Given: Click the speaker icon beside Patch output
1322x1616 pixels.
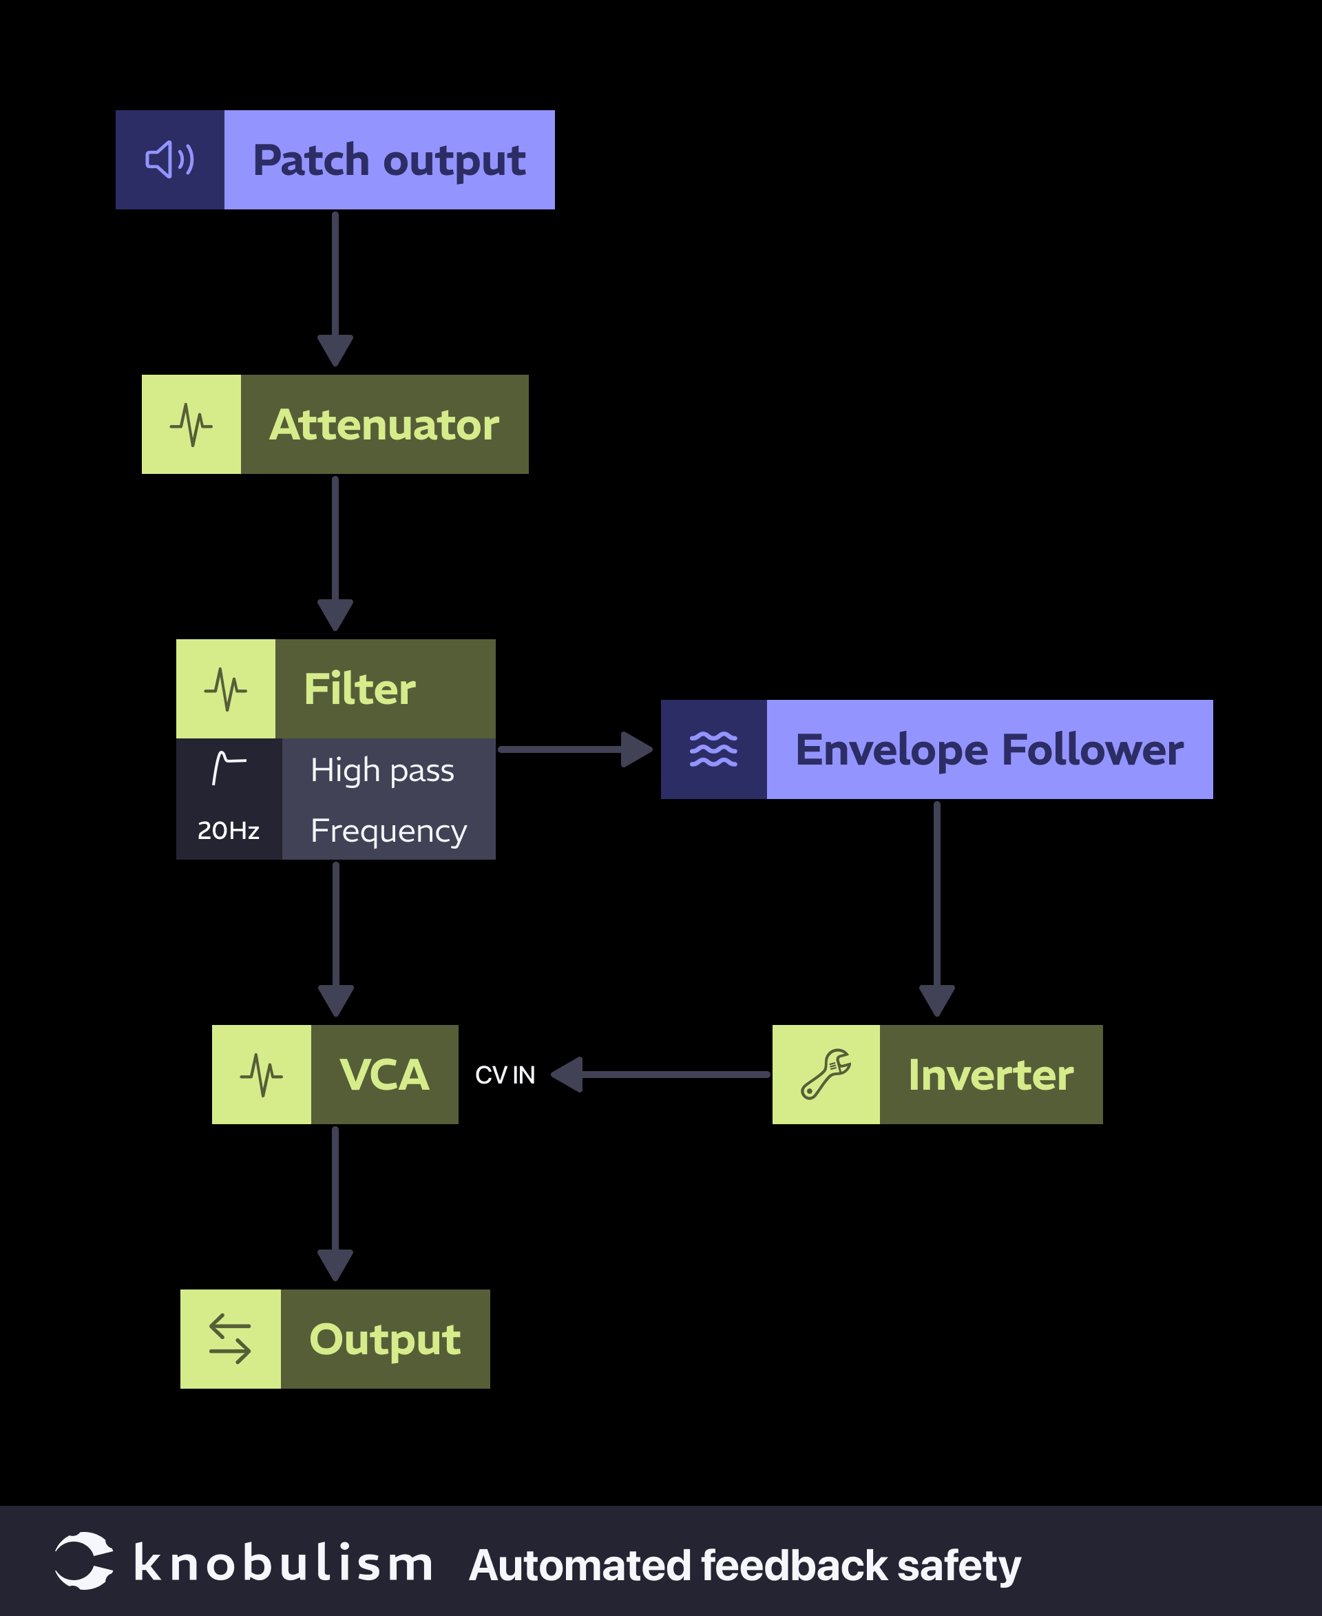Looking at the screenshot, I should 170,160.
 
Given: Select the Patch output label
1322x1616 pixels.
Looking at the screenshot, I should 388,160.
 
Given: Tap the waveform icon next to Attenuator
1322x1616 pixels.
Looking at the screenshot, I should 191,424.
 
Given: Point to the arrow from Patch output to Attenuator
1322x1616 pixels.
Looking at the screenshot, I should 335,289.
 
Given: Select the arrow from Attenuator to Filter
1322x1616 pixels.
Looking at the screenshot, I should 335,554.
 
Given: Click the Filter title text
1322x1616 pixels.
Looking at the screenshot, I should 359,689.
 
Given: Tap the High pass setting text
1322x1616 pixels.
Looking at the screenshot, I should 382,769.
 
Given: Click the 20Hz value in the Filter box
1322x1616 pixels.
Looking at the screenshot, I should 229,830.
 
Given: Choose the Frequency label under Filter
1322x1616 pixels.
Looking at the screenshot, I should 388,830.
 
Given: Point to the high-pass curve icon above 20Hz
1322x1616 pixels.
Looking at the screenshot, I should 229,767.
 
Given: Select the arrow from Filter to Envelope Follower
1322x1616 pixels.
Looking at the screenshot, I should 575,749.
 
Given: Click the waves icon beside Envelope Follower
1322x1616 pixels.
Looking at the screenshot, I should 713,749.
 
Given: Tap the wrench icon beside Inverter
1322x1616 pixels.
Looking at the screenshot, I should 826,1075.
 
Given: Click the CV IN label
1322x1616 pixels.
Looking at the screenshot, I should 505,1075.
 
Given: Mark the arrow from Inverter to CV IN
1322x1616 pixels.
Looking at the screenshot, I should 660,1075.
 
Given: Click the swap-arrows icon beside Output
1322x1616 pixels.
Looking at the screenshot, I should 230,1338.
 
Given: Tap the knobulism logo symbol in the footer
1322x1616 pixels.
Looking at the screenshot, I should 84,1560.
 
